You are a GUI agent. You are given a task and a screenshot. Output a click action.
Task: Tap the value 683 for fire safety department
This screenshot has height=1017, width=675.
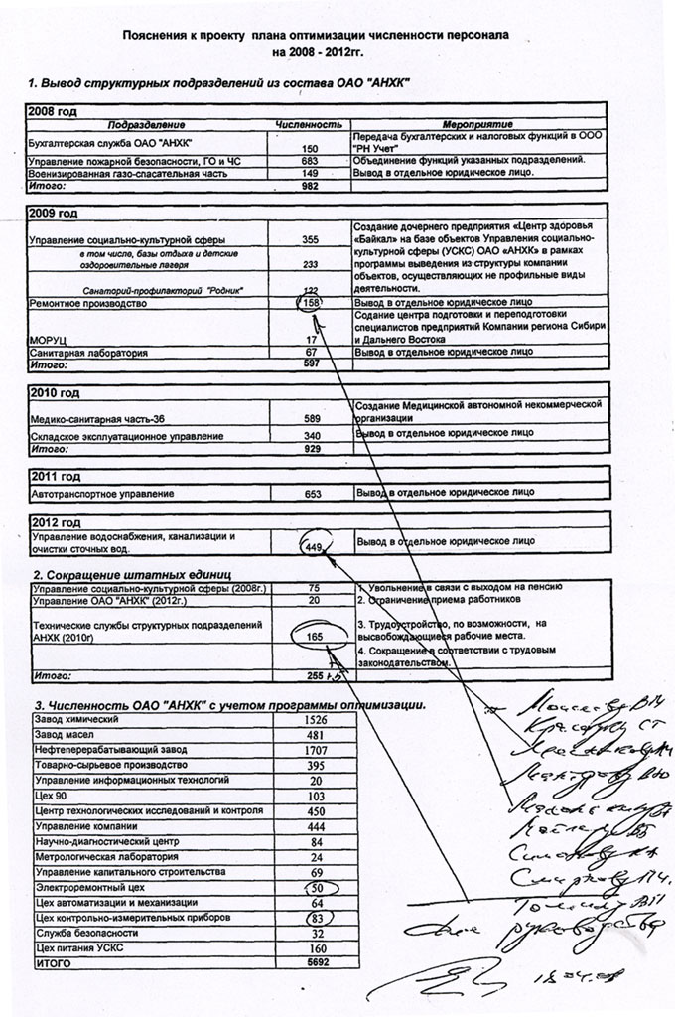point(309,160)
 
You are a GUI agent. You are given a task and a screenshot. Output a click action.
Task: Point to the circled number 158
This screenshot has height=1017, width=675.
point(312,303)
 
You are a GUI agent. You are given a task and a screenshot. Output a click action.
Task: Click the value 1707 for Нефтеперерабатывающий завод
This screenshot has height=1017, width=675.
point(316,749)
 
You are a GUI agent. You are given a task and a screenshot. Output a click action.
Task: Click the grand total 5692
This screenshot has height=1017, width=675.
point(317,962)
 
